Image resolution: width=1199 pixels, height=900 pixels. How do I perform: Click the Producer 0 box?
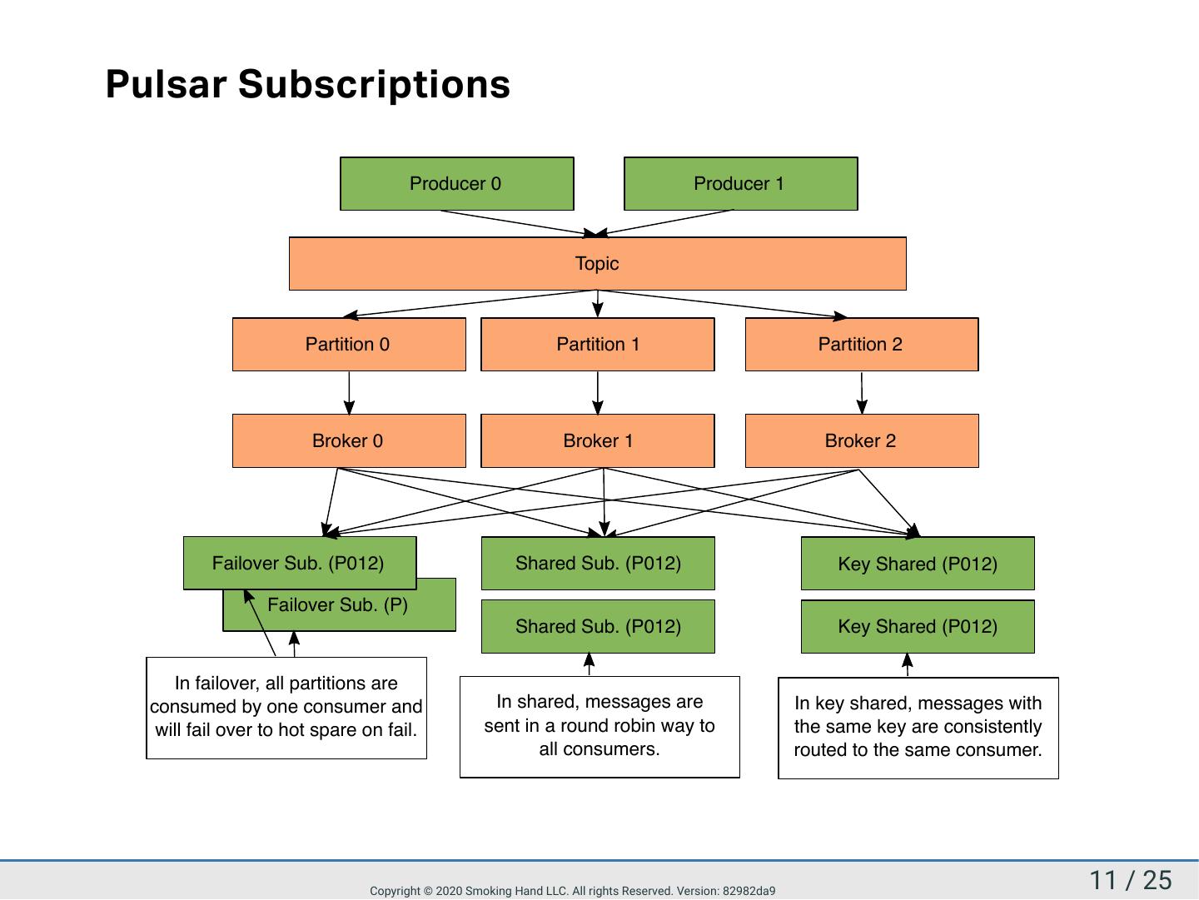click(x=456, y=183)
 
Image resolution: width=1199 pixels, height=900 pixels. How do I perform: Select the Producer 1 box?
click(x=741, y=183)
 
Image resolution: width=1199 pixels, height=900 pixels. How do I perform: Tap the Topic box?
click(x=598, y=263)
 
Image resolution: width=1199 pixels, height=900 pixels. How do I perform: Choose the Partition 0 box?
click(x=349, y=344)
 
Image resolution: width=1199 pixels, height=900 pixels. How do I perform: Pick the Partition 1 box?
click(x=598, y=344)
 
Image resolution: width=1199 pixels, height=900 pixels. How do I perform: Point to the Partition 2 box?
click(x=862, y=344)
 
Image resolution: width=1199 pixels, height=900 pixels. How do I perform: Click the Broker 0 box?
click(x=349, y=440)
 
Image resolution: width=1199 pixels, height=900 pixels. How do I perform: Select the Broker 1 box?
click(x=598, y=440)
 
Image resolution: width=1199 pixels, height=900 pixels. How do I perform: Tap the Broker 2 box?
click(x=862, y=440)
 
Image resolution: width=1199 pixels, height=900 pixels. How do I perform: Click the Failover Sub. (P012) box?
click(x=300, y=563)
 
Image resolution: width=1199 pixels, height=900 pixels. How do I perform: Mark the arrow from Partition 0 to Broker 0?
click(x=349, y=393)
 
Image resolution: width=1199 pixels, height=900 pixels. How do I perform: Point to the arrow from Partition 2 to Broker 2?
click(x=862, y=393)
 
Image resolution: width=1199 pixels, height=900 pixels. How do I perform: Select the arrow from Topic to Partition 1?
click(x=598, y=304)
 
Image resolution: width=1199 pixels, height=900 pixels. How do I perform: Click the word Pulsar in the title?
click(x=166, y=84)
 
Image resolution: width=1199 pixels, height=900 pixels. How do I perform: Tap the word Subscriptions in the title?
click(x=374, y=86)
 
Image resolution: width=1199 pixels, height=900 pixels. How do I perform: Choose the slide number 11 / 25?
click(x=1130, y=880)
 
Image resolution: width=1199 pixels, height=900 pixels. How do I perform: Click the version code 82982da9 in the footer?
click(x=749, y=891)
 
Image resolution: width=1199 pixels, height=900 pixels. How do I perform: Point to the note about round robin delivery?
click(x=599, y=727)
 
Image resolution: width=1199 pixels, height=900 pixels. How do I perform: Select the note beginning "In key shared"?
click(x=918, y=728)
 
